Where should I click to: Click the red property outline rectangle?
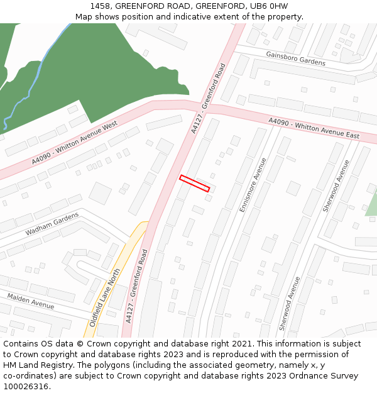point(194,183)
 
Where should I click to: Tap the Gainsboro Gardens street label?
point(295,59)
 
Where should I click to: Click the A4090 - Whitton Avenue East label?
point(314,128)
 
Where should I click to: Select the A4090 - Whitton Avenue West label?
point(74,144)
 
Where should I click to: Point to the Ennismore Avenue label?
point(253,184)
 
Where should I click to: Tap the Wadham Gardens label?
point(52,224)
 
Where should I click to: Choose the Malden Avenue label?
point(31,301)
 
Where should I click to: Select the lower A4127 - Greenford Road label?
point(136,286)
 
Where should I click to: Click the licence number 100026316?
point(26,386)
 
